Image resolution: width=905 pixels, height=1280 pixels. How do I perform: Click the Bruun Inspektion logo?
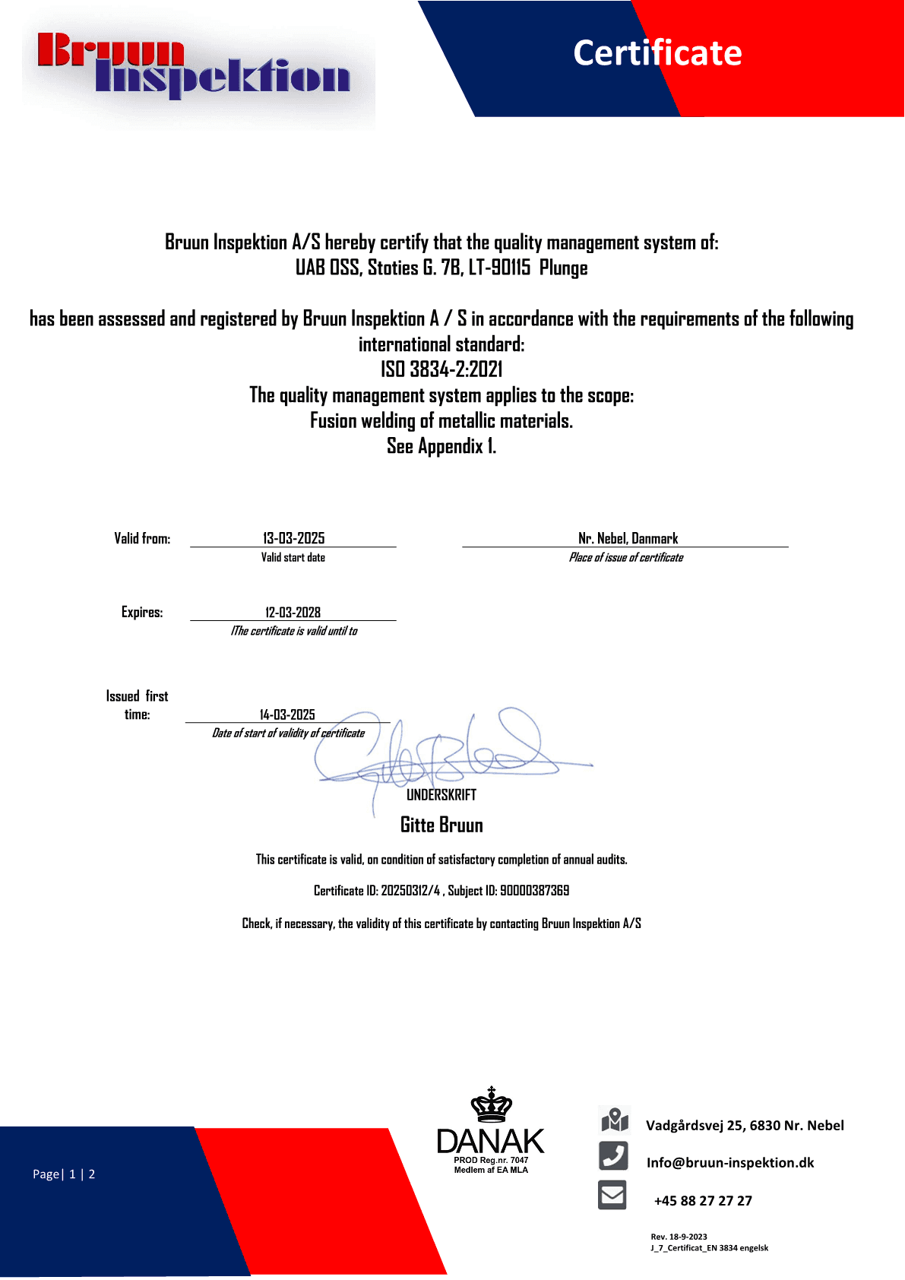coord(194,66)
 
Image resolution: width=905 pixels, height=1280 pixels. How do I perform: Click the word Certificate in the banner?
coord(657,53)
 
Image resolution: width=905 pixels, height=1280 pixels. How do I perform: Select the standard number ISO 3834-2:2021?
coord(441,369)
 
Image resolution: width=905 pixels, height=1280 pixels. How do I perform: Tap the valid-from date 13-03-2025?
coord(293,538)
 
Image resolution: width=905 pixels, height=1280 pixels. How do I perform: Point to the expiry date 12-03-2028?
coord(293,613)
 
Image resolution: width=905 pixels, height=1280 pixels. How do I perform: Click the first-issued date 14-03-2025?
coord(287,714)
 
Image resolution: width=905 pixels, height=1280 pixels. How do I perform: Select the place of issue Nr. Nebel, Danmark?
coord(628,539)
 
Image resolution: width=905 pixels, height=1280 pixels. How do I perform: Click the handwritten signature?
coord(448,752)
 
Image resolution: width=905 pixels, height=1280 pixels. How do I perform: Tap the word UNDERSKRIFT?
coord(441,795)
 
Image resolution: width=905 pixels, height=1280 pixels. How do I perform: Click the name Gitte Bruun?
coord(441,825)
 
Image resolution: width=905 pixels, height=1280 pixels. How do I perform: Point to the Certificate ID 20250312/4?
coord(410,891)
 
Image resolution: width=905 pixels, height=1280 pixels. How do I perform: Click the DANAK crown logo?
coord(491,1130)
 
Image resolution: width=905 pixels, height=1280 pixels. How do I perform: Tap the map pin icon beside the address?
coord(614,1120)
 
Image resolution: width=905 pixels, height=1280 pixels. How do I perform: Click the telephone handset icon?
coord(613,1156)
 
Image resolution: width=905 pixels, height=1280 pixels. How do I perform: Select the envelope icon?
coord(612,1195)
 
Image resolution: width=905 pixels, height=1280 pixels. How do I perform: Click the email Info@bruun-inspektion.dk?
coord(729,1163)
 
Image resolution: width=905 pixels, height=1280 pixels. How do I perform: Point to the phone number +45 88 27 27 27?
coord(703,1201)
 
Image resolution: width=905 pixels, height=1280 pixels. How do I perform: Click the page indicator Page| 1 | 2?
coord(64,1174)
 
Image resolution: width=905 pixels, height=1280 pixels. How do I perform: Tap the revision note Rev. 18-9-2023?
coord(679,1237)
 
